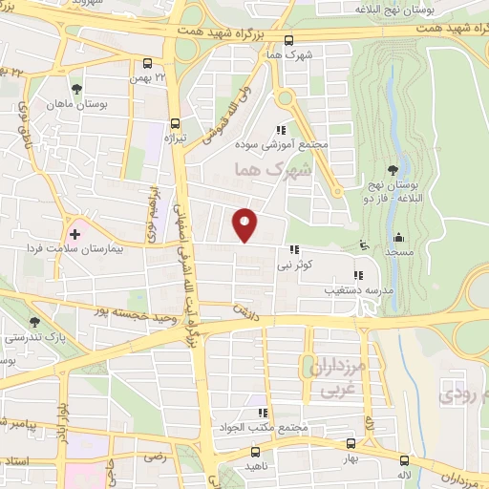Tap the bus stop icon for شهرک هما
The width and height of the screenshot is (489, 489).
[x=288, y=41]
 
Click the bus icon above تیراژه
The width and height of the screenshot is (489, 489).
[x=173, y=122]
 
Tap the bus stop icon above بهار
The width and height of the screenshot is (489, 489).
[x=350, y=443]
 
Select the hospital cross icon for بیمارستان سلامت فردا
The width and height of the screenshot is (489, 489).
[x=74, y=233]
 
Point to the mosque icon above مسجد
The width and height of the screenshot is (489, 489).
[x=398, y=237]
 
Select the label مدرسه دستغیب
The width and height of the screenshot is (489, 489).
[x=358, y=287]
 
